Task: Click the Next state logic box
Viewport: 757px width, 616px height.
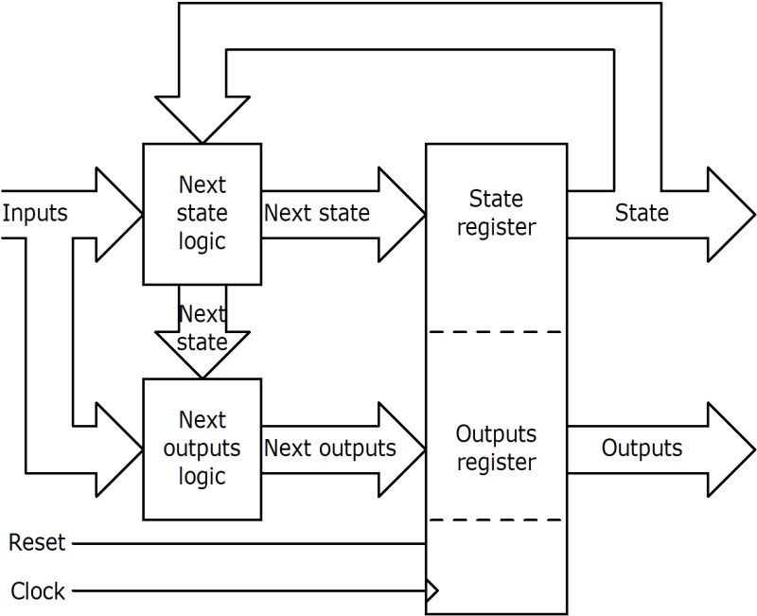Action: pos(202,214)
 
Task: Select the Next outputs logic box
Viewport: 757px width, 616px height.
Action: pos(202,449)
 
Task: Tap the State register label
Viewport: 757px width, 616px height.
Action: pos(496,213)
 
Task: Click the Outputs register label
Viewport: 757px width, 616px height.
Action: pos(496,449)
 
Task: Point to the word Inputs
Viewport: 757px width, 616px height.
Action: pos(35,213)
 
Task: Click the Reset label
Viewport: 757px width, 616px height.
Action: pos(37,543)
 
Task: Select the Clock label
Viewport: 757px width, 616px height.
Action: pos(38,591)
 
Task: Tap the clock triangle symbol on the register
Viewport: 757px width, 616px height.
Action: pos(432,592)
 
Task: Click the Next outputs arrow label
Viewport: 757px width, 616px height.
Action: pos(329,448)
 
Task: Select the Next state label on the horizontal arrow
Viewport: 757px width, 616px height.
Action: pos(316,213)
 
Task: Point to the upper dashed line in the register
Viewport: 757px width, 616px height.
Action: pos(496,332)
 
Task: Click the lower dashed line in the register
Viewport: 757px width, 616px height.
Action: pos(496,519)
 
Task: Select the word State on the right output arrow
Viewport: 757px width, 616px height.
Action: pos(642,213)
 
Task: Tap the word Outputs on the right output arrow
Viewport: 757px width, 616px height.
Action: pos(642,448)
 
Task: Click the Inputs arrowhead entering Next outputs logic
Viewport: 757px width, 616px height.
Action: pos(118,449)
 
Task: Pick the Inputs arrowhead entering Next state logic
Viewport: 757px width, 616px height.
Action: pos(118,214)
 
